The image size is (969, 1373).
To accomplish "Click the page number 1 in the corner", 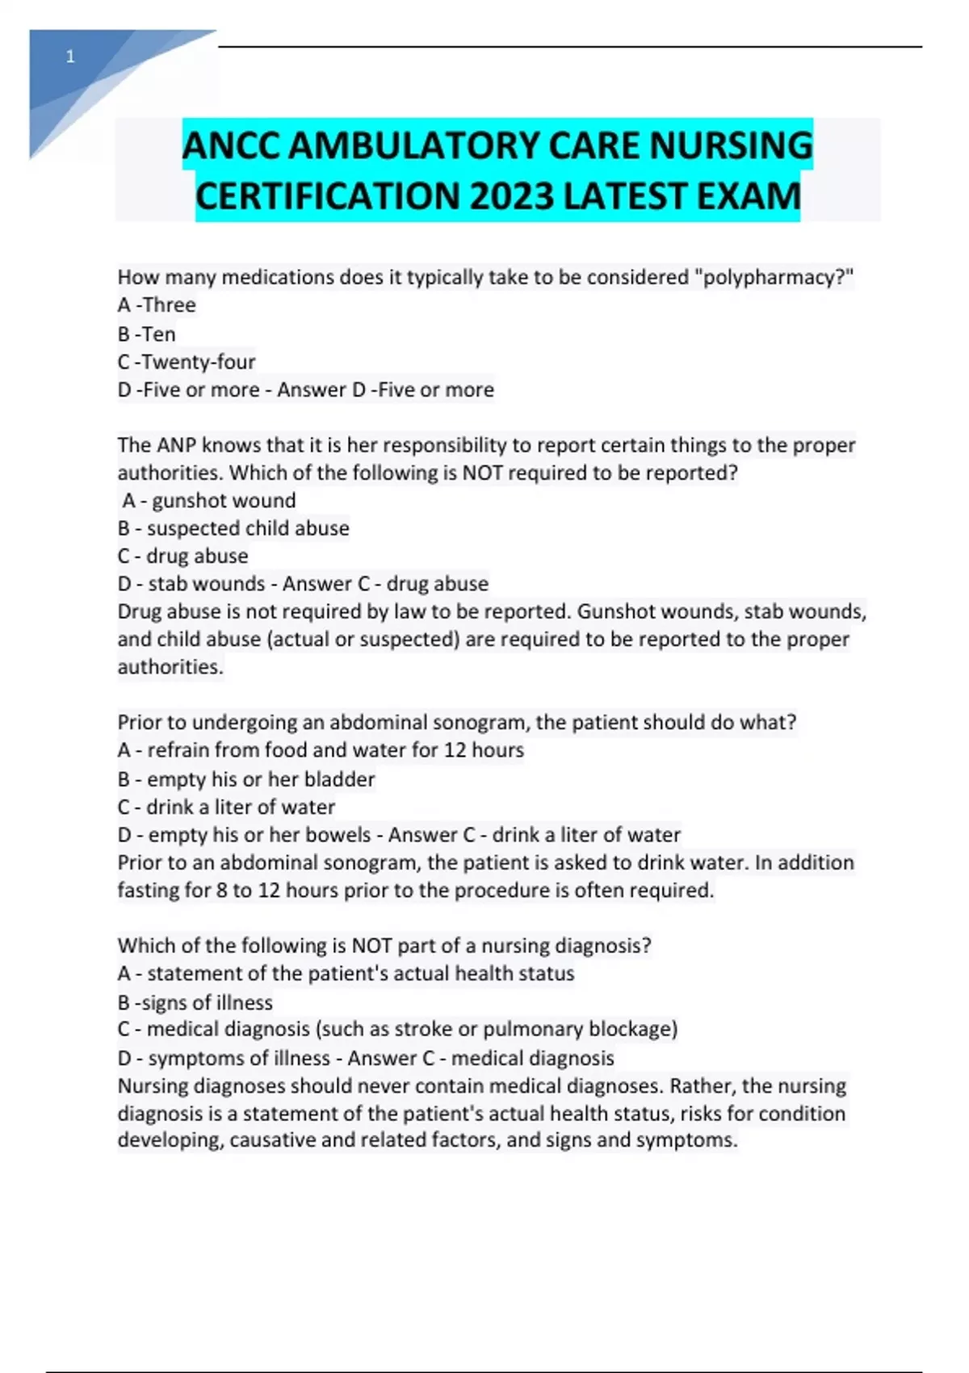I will pos(70,57).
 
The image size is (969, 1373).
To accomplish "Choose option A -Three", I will pos(157,304).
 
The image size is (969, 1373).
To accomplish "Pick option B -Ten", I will pos(146,334).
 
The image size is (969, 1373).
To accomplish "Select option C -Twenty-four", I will pos(186,361).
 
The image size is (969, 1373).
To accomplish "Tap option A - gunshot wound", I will pos(209,501).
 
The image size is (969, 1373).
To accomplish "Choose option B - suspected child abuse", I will pos(233,528).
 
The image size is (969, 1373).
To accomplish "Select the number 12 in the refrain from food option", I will pos(455,750).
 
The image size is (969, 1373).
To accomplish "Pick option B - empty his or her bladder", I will pos(246,779).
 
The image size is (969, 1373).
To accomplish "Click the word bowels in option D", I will pos(342,834).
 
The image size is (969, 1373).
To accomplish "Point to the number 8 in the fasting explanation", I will pos(221,890).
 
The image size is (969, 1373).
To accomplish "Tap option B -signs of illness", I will pos(195,1002).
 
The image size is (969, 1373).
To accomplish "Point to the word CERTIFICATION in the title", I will pos(327,196).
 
